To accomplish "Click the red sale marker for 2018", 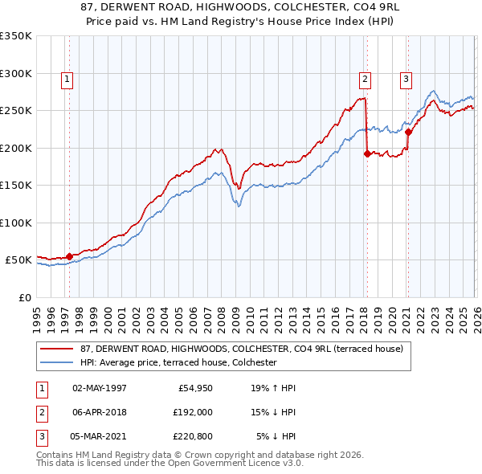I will click(367, 153).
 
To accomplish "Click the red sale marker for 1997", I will click(69, 256).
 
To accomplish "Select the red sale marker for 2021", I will click(408, 132).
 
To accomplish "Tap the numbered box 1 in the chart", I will click(66, 79).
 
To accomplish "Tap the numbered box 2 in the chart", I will click(365, 79).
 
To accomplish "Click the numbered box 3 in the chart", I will click(406, 79).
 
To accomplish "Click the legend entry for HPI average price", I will click(178, 362).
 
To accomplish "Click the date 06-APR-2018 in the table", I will click(100, 412).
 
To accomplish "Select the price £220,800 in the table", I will click(190, 436).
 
